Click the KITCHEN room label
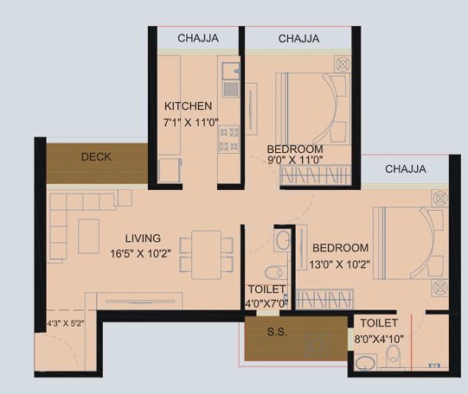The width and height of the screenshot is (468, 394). pos(188,106)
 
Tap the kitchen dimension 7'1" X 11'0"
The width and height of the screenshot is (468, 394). pos(190,123)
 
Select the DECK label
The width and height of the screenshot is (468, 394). pos(96,156)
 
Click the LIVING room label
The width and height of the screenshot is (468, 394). pos(143,238)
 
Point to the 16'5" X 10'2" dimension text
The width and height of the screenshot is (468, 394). pos(141,254)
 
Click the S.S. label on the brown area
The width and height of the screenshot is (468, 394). pos(278,332)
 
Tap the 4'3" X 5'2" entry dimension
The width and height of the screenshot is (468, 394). pos(66,323)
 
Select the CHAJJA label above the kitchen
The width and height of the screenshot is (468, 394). pos(198,38)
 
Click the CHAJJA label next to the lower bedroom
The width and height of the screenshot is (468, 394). pos(406,169)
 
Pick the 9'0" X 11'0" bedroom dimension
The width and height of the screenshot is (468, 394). pos(295,160)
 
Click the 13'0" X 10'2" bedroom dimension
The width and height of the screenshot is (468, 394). pos(340,264)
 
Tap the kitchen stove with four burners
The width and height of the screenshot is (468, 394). pos(229,139)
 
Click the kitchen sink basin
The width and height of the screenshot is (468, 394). pos(231,71)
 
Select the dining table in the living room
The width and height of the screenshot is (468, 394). pos(206,255)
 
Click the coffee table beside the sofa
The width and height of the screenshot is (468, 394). pos(88,237)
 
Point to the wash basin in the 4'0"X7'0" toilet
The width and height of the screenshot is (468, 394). pos(283,239)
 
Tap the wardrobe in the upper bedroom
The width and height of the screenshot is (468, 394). pos(316,175)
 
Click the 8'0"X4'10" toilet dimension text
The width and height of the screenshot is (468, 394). pos(379,339)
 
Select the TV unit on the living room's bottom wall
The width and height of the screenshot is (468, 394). pos(139,302)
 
